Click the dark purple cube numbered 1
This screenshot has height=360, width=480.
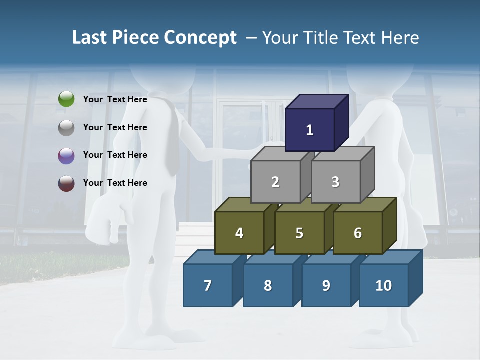pos(310,130)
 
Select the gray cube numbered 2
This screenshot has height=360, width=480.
pos(275,182)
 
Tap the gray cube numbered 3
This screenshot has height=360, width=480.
pos(335,182)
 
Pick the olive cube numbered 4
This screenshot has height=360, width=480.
pos(239,233)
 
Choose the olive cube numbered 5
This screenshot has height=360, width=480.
pos(299,233)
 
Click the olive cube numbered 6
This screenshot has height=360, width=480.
pos(357,233)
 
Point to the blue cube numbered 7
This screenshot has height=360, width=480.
pos(208,285)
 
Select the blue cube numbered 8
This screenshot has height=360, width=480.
pos(268,285)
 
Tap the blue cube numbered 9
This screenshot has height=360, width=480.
pos(326,285)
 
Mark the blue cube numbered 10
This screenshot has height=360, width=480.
pos(383,285)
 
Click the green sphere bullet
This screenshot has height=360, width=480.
pos(66,99)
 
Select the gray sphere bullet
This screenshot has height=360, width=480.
pos(66,128)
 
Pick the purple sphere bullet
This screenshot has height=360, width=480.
pos(66,155)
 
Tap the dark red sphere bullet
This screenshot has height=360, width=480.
pos(66,183)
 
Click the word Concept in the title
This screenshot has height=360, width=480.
pos(200,38)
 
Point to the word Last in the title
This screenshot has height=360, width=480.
pos(90,38)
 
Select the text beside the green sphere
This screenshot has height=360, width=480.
pos(115,99)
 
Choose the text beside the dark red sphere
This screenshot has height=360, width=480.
pos(115,183)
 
